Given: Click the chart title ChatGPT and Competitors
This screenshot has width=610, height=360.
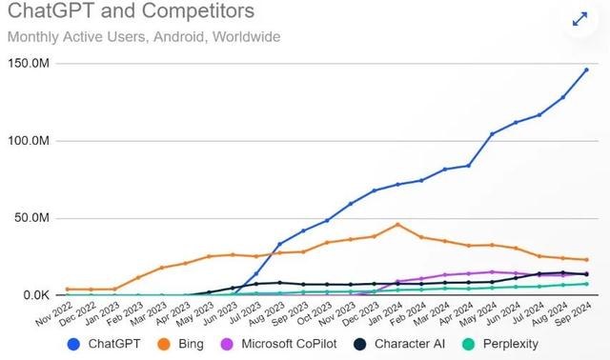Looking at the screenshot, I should [131, 13].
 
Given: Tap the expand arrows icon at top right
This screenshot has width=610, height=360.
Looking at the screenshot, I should [579, 18].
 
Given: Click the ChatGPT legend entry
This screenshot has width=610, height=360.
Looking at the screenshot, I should [102, 343].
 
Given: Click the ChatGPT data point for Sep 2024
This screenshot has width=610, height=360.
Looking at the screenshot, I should [586, 70].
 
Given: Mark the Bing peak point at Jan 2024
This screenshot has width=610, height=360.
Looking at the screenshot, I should [397, 225].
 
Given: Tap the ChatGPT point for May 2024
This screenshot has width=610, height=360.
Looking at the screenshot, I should [492, 134].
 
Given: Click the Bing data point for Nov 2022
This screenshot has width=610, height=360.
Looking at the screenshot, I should [68, 289].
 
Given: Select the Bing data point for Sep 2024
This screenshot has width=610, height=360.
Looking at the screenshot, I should [586, 260].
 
